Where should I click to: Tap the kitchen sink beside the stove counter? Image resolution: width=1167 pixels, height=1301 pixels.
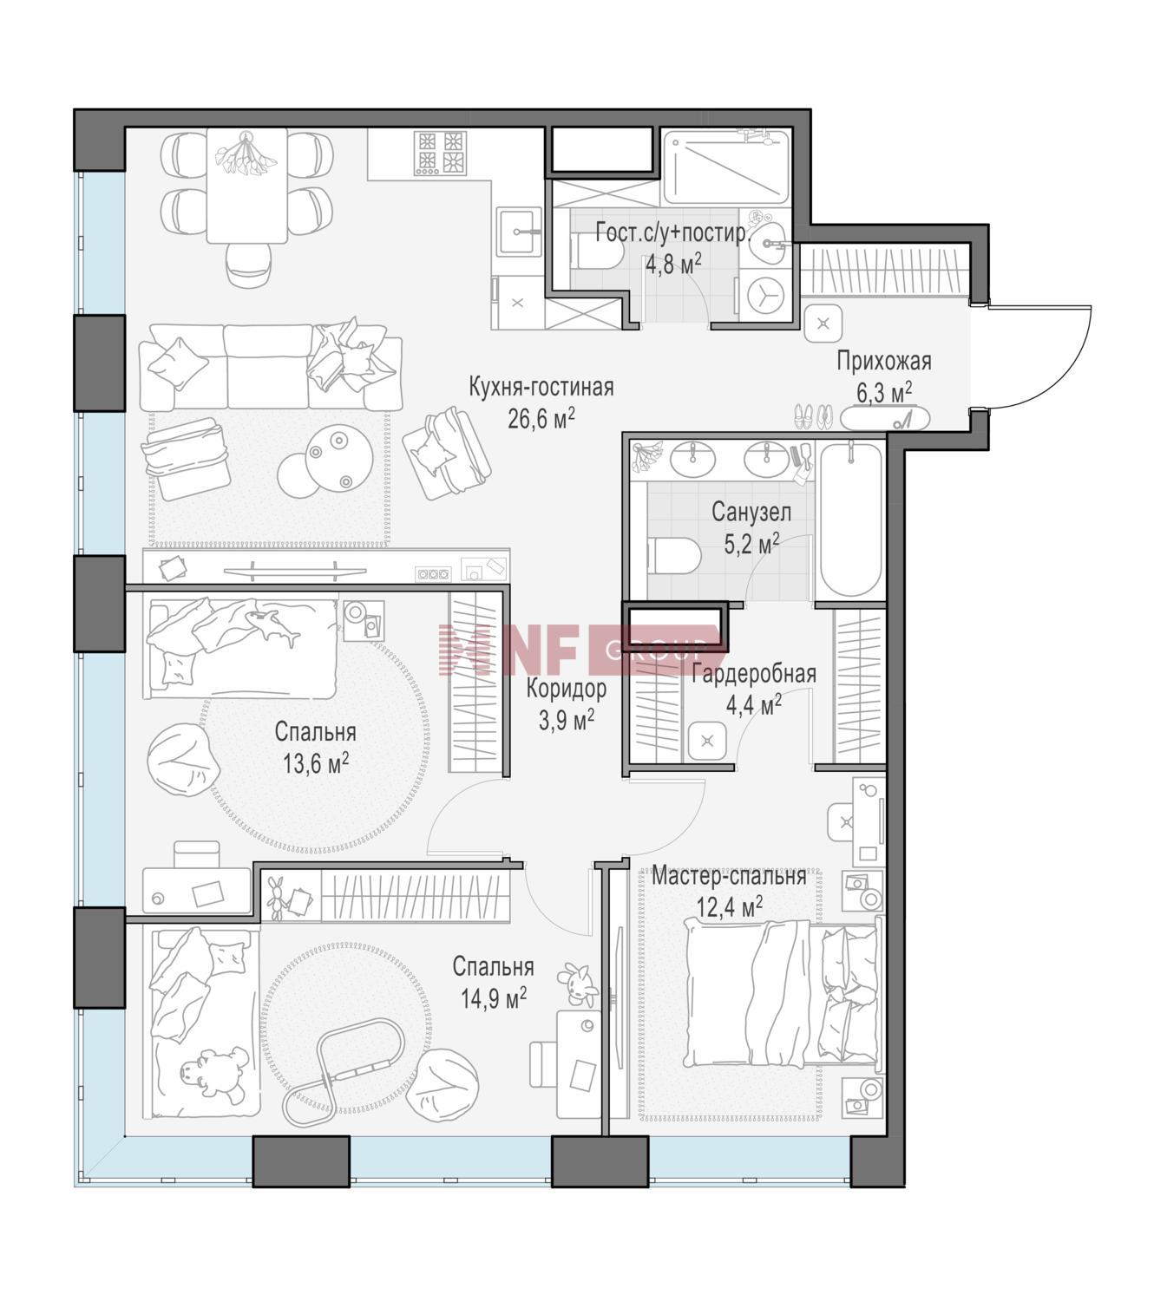pos(519,232)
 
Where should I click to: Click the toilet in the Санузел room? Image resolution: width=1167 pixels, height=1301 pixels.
pos(672,556)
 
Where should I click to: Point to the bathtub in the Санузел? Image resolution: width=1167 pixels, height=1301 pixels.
pos(851,520)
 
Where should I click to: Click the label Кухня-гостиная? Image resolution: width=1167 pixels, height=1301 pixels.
pos(541,387)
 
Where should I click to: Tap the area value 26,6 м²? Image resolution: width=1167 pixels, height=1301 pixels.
pos(541,419)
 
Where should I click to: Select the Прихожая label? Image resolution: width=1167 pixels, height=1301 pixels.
pos(883,361)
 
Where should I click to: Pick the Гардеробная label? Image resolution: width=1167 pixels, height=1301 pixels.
pos(754,674)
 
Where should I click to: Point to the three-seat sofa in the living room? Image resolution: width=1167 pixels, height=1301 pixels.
pos(271,367)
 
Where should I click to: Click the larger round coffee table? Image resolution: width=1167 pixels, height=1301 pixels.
pos(338,459)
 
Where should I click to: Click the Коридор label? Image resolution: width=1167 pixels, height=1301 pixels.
pos(567,689)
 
